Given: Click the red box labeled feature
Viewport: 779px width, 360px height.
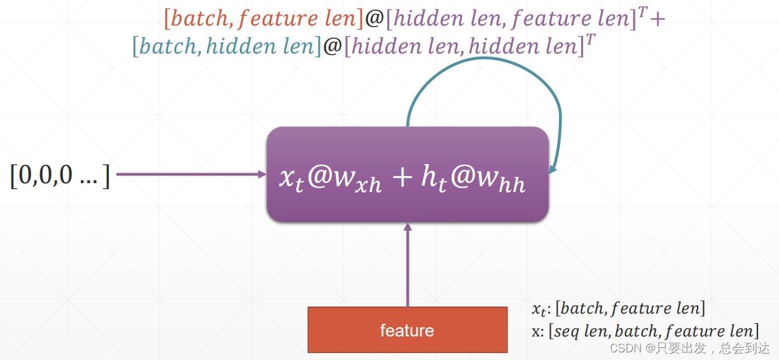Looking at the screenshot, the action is tap(407, 330).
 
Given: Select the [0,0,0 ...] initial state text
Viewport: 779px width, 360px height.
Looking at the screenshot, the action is tap(60, 174).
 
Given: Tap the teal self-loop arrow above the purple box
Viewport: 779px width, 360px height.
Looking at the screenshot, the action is tap(483, 64).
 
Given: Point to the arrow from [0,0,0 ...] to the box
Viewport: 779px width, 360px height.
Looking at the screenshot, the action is tap(191, 174).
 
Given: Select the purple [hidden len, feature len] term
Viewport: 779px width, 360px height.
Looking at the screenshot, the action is tap(512, 18).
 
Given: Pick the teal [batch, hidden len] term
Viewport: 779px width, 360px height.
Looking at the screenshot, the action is tap(226, 46).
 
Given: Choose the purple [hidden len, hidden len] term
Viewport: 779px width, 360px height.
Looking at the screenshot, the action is tap(464, 46).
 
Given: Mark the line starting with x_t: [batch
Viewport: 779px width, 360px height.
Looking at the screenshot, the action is tap(618, 309).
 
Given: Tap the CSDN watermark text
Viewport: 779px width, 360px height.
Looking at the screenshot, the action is tap(689, 348).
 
